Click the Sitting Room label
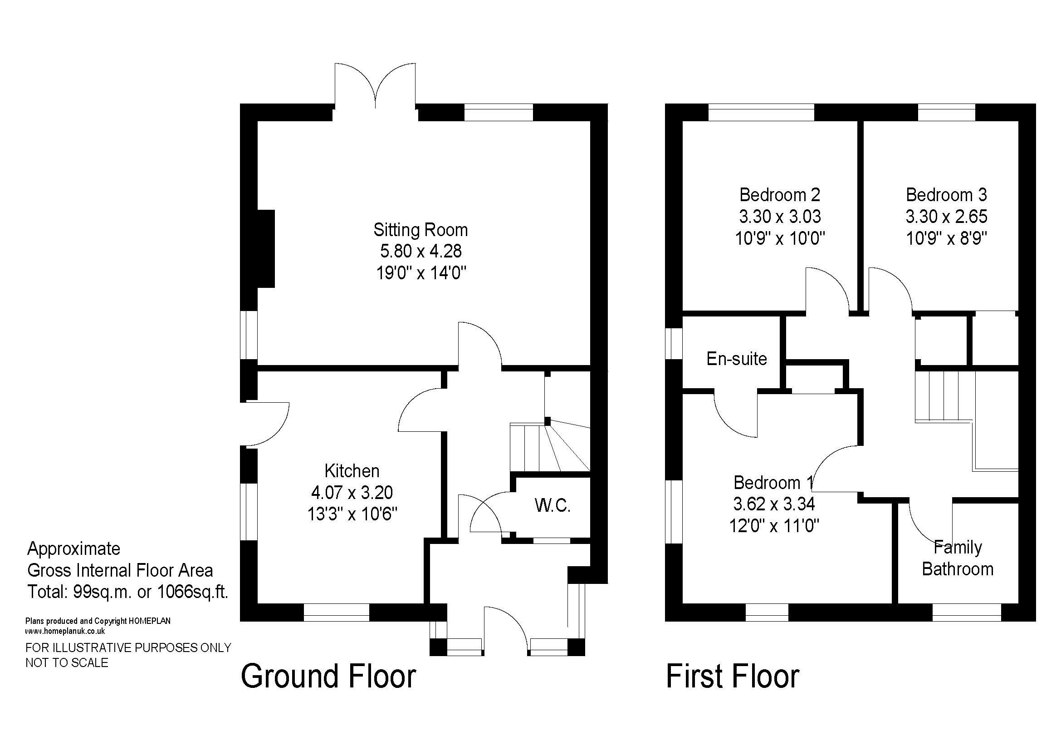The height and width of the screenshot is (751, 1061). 420,230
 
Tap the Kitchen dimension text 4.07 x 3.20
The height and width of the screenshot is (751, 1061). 352,493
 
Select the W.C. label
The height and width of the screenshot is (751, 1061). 553,505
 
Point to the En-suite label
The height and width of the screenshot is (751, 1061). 737,359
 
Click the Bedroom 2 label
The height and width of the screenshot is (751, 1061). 780,195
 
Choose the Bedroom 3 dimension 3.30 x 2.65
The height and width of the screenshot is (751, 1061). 946,217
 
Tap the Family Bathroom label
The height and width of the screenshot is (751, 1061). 958,558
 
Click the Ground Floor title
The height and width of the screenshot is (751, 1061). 328,676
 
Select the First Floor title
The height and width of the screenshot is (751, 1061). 733,676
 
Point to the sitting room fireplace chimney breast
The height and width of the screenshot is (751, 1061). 266,249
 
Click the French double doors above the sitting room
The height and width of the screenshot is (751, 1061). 375,86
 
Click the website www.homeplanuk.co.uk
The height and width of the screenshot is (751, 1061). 65,631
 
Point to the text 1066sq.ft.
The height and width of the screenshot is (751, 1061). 193,592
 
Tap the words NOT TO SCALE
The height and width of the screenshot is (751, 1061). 67,662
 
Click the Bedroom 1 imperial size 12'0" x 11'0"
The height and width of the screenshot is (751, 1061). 774,526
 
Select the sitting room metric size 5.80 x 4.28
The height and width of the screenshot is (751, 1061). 421,251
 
